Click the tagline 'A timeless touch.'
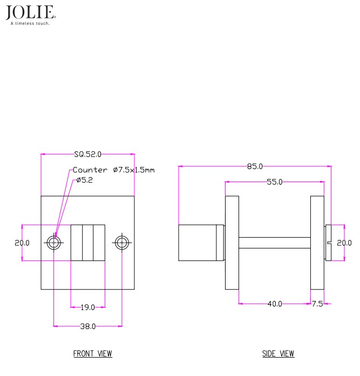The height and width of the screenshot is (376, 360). coord(30,23)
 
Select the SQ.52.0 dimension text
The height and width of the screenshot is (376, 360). coord(87,154)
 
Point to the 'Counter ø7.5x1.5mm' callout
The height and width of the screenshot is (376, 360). coord(113,170)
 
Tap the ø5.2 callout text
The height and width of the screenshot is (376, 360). coord(84,180)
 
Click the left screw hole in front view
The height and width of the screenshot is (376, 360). coord(53,243)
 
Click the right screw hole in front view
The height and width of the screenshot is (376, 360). coord(122,243)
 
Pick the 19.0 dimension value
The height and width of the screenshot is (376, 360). coord(87,307)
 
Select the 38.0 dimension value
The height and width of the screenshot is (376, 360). coord(87,326)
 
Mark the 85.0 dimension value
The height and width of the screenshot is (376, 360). coord(255,166)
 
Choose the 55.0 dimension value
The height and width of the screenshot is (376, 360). coord(274,182)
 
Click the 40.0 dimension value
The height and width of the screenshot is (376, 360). coord(274,304)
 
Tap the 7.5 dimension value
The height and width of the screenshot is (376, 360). coord(317,304)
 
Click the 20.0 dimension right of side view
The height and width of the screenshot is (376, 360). coord(344,243)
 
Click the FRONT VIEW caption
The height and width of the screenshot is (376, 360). coord(93,354)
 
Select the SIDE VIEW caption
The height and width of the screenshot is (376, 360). coord(278,354)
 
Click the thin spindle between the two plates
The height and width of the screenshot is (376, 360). coord(274,243)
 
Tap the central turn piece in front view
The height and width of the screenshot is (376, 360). coord(88,243)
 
